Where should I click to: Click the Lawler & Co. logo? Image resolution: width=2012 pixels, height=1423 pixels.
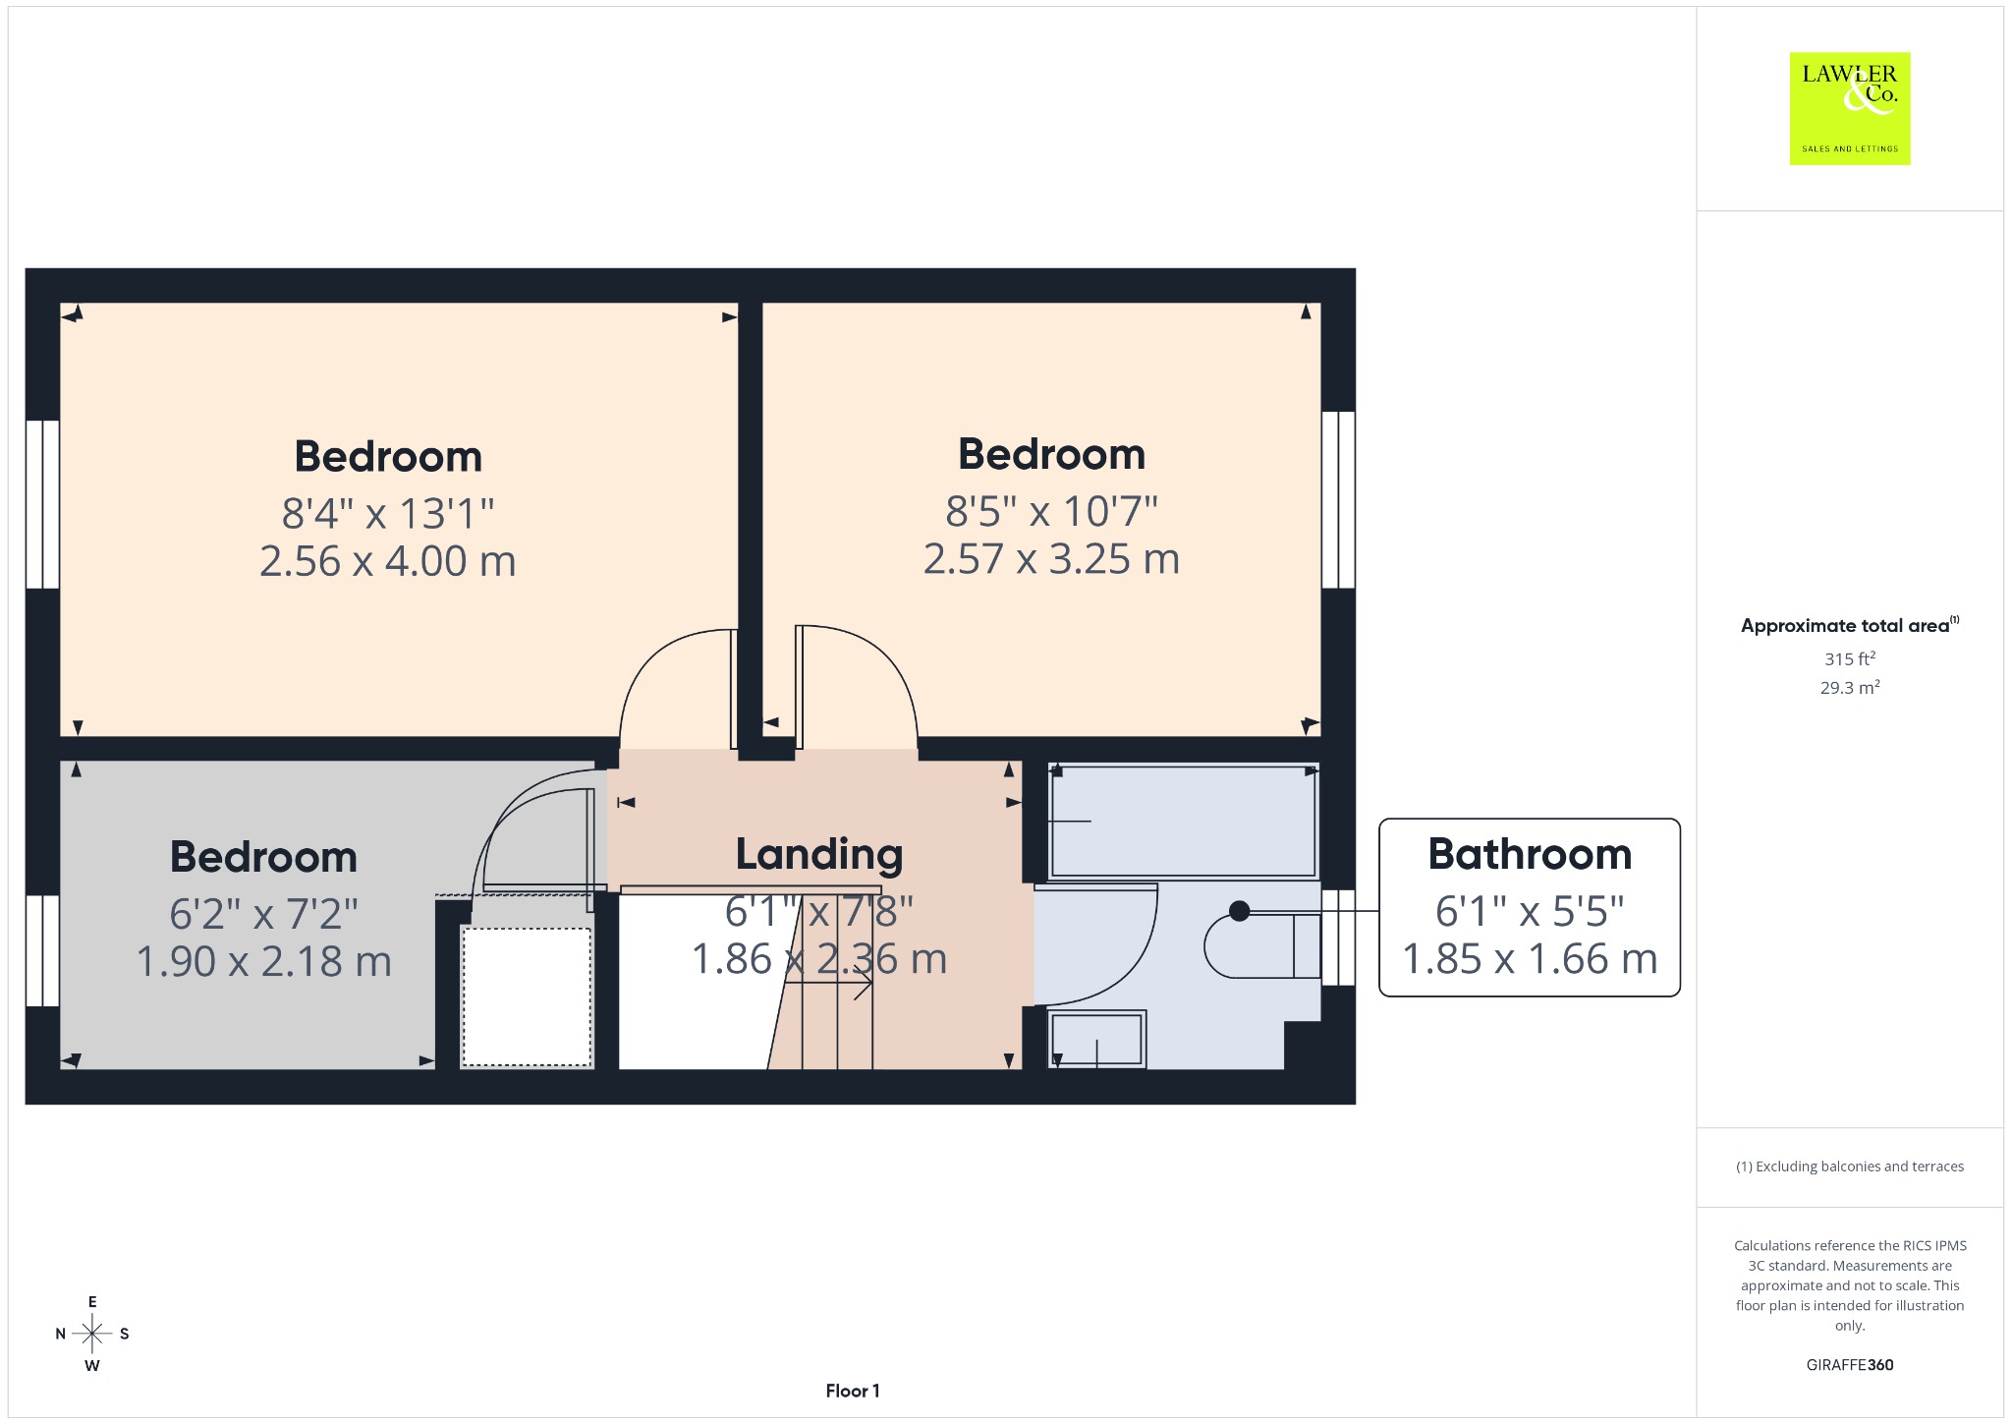[x=1850, y=108]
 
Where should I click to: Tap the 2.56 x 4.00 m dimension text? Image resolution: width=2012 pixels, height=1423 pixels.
[x=388, y=561]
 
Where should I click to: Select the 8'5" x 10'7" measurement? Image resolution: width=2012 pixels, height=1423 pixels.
[x=1051, y=511]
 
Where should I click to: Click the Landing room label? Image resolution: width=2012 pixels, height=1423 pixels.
[x=819, y=855]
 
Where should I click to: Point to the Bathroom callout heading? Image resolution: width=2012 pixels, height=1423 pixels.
[x=1530, y=854]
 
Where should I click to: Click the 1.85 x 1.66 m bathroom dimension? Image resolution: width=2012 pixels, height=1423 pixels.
[x=1530, y=959]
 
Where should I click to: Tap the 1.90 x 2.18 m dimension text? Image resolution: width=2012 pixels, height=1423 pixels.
[x=263, y=961]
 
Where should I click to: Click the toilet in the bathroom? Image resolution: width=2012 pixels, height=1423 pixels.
[x=1263, y=945]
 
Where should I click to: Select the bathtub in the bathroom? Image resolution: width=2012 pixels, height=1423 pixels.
[x=1183, y=821]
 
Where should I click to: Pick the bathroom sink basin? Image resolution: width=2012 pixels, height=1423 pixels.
[x=1096, y=1039]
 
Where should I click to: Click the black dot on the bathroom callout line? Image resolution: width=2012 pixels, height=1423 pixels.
[x=1240, y=911]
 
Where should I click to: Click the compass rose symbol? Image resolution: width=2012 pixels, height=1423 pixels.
[x=92, y=1334]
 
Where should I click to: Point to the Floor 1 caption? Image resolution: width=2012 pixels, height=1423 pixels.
[x=853, y=1391]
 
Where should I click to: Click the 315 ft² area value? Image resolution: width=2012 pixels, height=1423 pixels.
[x=1850, y=658]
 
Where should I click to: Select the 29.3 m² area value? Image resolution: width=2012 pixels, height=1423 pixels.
[x=1850, y=687]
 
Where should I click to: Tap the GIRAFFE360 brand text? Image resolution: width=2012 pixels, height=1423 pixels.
[x=1850, y=1364]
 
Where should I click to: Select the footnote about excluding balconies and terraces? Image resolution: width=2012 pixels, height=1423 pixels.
[x=1850, y=1167]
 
